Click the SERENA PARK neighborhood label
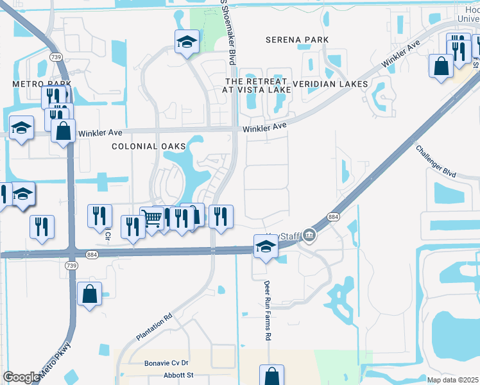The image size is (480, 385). tap(297, 40)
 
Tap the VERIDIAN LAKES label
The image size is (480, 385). tap(330, 84)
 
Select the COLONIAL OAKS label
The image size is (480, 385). tap(144, 146)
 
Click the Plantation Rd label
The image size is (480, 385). tap(154, 327)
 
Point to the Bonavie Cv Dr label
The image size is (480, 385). tap(166, 363)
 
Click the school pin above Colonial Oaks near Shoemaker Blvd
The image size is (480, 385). tap(187, 42)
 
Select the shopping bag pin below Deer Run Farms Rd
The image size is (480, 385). tap(271, 375)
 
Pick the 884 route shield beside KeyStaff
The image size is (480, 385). tap(333, 218)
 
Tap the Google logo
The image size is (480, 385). tap(21, 377)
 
